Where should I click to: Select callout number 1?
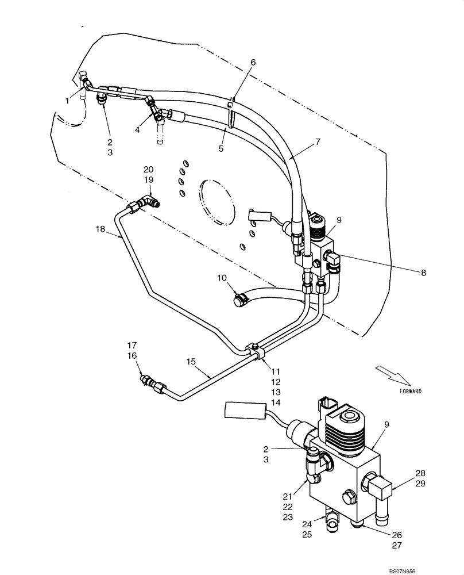click(x=67, y=100)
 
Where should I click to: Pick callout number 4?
click(x=137, y=131)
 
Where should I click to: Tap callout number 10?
click(x=222, y=279)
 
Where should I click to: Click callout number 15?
click(x=191, y=362)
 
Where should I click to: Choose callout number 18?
click(x=100, y=229)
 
